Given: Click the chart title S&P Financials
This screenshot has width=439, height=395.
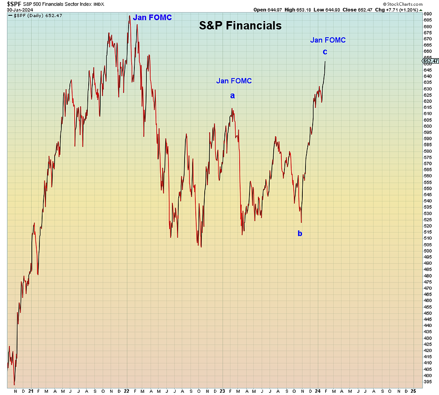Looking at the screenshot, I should (x=240, y=26).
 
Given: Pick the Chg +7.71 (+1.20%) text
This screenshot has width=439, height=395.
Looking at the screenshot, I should (x=396, y=10).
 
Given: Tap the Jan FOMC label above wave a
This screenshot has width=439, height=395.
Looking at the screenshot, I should (x=234, y=81).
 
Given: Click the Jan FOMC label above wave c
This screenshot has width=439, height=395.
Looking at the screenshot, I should (x=328, y=40).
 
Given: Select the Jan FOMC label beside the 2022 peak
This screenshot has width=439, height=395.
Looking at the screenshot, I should (x=152, y=18).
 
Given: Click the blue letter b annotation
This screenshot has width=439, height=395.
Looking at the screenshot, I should (x=300, y=233).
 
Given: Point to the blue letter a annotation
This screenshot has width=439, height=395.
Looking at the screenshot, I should (x=232, y=95).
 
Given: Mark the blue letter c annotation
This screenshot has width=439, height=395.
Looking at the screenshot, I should (x=325, y=52).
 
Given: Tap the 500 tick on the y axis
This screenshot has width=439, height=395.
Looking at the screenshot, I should (x=427, y=250).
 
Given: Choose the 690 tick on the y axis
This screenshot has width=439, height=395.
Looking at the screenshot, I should (x=427, y=14).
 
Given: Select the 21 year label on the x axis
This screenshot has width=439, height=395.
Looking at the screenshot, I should (x=30, y=391).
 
